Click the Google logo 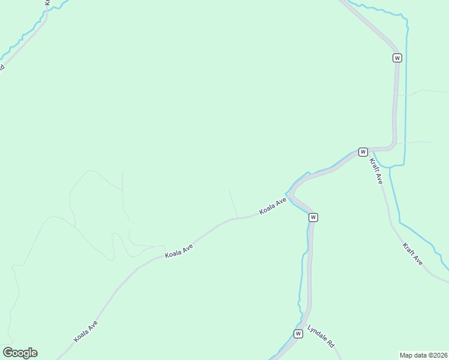point(20,353)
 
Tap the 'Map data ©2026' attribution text point(423,355)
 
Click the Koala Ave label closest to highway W point(273,207)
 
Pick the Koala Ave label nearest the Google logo point(86,331)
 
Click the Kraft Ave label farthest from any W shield point(413,254)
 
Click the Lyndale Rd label point(321,337)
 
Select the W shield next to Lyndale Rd point(298,334)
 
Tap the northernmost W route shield point(397,58)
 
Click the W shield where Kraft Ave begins point(363,152)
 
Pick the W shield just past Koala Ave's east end point(313,217)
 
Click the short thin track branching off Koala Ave point(233,204)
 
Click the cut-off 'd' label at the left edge point(2,68)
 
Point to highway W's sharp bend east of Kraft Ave point(394,144)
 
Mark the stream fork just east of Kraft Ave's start point(390,167)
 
